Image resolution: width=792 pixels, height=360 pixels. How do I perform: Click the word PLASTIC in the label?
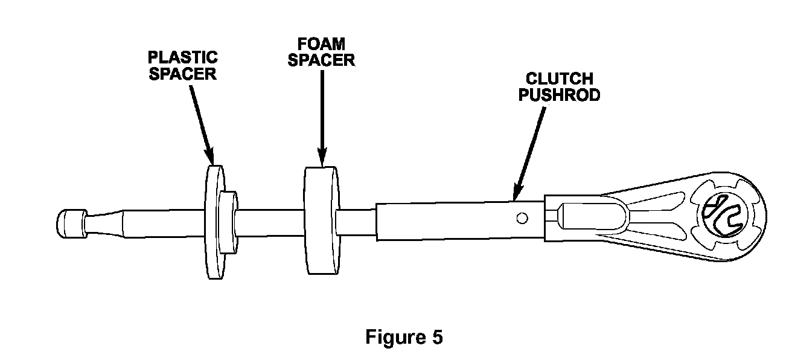click(183, 58)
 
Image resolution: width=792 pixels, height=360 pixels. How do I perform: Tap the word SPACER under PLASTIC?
click(183, 74)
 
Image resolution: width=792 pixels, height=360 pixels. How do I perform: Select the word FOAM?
click(322, 45)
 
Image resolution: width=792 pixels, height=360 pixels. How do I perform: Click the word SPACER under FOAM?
click(322, 60)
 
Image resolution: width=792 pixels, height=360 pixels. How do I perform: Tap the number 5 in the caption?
click(437, 337)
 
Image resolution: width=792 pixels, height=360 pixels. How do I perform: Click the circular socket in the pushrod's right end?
click(725, 214)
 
